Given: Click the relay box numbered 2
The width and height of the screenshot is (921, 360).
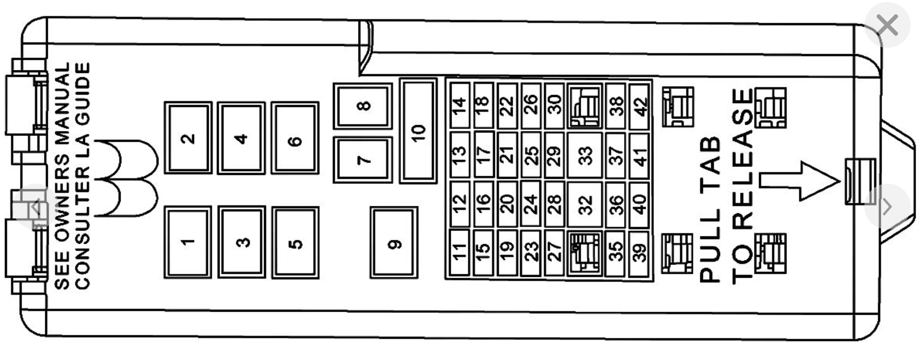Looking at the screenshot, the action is (188, 138).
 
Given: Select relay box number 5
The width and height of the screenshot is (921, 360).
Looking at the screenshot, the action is (295, 243).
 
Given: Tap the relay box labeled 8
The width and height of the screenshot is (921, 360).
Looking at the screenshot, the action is (363, 106).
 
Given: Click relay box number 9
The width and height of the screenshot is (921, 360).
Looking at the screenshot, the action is (394, 243).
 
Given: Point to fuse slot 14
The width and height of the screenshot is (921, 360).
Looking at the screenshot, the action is (459, 105).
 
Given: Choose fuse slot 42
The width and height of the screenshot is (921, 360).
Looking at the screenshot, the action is (639, 105).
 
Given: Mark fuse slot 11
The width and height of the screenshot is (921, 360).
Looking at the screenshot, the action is (459, 252).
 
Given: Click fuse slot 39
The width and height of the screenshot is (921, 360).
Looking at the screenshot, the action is (639, 253).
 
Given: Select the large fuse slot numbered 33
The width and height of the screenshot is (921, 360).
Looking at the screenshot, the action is (585, 155).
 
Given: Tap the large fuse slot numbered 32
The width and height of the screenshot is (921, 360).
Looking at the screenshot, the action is (585, 204).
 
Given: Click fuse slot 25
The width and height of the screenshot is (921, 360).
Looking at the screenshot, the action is (531, 155).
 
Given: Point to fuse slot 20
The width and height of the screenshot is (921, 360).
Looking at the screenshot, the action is (507, 203).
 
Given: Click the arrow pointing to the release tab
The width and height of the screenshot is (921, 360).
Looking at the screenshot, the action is (799, 181).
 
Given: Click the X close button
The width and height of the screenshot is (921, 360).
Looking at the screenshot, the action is (887, 25).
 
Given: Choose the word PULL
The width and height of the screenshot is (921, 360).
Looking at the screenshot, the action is (710, 246).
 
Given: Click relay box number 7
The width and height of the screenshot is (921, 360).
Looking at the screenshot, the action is (363, 160).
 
